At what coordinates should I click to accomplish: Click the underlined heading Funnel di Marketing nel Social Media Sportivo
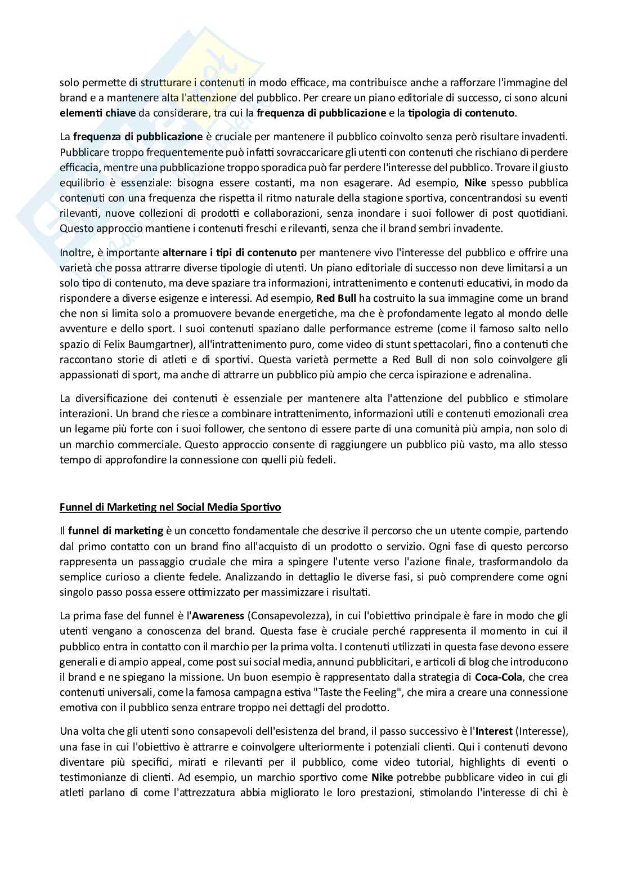tap(171, 507)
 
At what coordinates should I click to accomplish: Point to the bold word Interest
tap(494, 731)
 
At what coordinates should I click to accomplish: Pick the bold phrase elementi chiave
tap(98, 113)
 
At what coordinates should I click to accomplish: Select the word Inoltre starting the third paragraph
tap(76, 252)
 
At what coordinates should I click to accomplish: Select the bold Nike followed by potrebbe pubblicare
tap(385, 778)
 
